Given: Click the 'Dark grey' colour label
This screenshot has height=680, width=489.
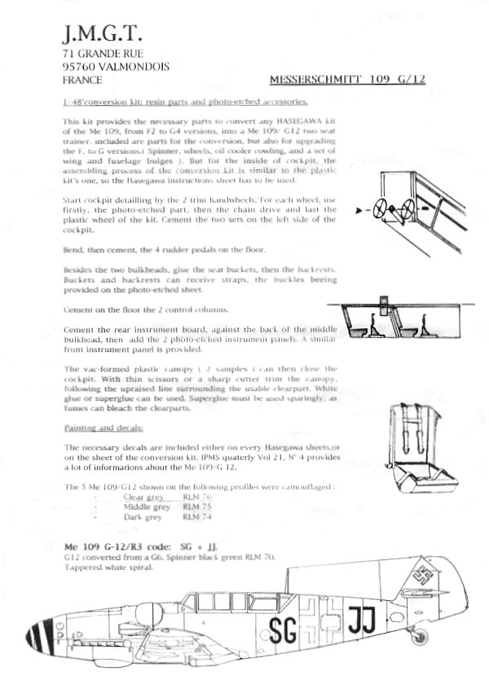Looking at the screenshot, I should pyautogui.click(x=142, y=516).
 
